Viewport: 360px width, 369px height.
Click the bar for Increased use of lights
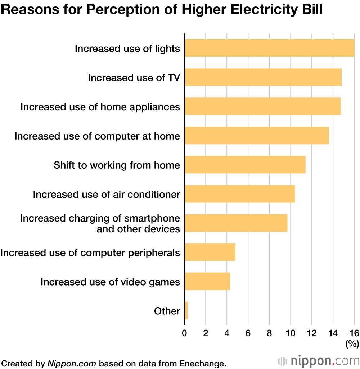[269, 48]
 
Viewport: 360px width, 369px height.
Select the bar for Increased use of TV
[263, 77]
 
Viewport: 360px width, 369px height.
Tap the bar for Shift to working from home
[245, 165]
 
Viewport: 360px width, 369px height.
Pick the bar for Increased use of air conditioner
[239, 194]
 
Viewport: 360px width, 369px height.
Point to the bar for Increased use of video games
[207, 281]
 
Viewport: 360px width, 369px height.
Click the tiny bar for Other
[186, 310]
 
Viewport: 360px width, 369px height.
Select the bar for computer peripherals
[210, 252]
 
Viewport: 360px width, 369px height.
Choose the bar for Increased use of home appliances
[262, 106]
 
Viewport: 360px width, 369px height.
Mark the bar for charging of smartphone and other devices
[236, 223]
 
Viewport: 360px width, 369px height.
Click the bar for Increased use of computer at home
[256, 136]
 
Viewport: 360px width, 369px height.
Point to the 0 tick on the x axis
[184, 333]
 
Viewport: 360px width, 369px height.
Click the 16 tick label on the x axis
[354, 333]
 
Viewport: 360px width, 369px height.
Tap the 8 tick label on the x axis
[269, 333]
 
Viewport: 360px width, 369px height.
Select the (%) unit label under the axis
[352, 344]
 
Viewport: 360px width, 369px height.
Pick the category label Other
[167, 311]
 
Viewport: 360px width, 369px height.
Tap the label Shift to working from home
[117, 165]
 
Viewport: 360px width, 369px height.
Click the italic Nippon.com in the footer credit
[72, 363]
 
